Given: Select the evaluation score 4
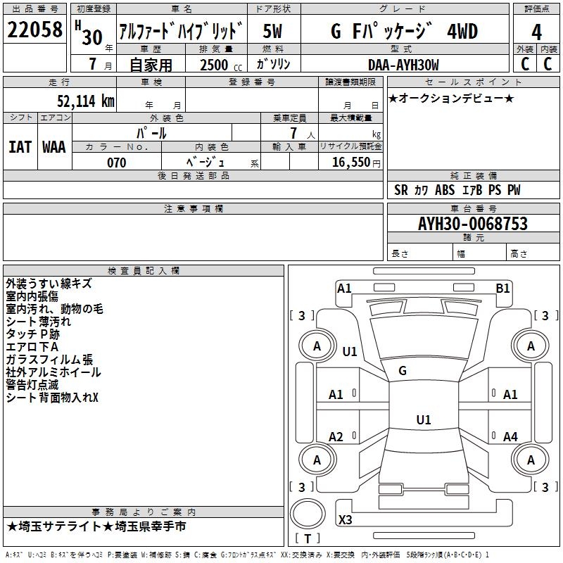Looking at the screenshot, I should (537, 32).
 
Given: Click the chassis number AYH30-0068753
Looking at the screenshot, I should (473, 224).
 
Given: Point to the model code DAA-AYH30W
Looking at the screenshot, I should (403, 65).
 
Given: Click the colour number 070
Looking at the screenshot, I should (116, 163).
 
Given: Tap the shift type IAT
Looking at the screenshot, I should (20, 146).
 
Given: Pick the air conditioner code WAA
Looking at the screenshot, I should (54, 146).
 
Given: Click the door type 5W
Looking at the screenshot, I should (273, 32).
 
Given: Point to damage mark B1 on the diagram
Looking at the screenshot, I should (502, 288).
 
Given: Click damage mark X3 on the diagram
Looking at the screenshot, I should (346, 520).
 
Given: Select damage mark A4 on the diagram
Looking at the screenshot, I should (510, 437).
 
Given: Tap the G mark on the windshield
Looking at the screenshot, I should (403, 371).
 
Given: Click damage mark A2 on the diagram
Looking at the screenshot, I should (336, 437).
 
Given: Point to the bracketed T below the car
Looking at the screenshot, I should (307, 538).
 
